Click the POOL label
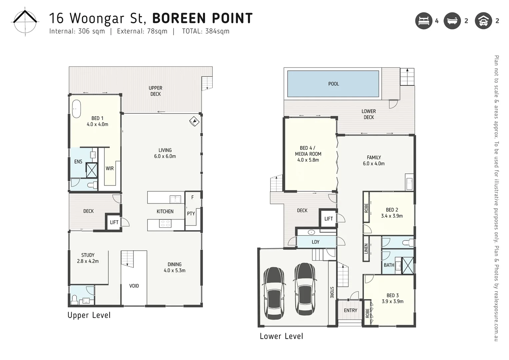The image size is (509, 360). (334, 84)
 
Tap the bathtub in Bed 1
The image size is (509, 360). (76, 109)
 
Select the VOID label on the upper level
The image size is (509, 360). (134, 286)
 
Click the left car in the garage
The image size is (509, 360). (274, 293)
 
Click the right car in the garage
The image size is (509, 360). (305, 289)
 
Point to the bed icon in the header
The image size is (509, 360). (424, 21)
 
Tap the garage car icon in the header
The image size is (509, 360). (483, 21)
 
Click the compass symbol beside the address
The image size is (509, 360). (25, 22)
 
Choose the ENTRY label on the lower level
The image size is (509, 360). (350, 310)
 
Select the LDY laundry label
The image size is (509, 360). (316, 242)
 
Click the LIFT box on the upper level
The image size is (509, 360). (114, 222)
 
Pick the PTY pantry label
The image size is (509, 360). (191, 214)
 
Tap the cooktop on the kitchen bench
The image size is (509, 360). (165, 224)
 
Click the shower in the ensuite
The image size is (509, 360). (92, 170)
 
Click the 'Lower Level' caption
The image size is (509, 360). (281, 336)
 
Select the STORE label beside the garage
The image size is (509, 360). (332, 292)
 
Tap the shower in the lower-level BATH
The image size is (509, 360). (408, 265)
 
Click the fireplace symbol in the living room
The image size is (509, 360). (194, 121)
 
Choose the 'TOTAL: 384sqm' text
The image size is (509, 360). (206, 31)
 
